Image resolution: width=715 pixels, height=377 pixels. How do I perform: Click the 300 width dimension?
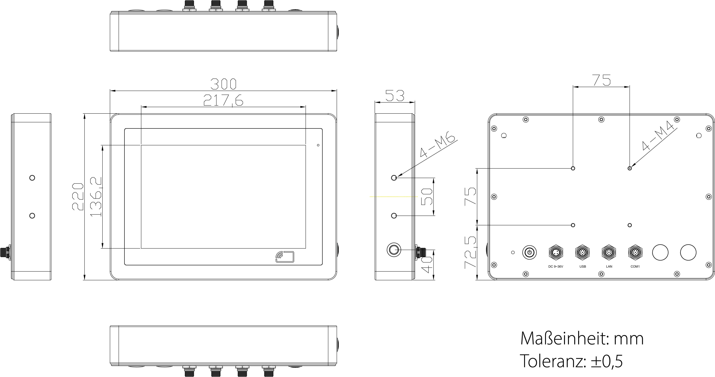(223, 84)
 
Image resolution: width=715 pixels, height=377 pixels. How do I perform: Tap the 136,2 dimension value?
(96, 197)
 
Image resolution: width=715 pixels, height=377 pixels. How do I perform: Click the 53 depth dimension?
(395, 96)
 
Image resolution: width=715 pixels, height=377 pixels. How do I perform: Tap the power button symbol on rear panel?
(529, 252)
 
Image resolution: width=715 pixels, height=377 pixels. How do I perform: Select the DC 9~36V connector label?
(556, 267)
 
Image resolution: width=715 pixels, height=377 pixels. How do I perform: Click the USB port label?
(583, 267)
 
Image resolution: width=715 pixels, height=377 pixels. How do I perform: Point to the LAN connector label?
(609, 267)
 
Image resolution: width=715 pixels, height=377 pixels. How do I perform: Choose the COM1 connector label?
(635, 267)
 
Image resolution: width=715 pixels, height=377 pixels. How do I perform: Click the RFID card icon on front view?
(285, 257)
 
